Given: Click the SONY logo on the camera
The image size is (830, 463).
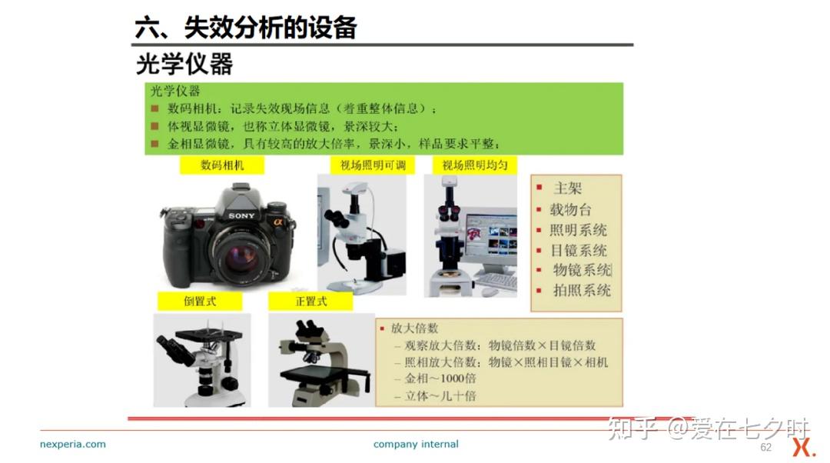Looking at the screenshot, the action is [241, 215].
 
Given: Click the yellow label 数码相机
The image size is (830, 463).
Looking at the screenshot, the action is [222, 165].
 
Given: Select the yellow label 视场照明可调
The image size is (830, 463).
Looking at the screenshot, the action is [373, 165].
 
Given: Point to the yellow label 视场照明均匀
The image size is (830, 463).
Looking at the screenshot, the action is [475, 165].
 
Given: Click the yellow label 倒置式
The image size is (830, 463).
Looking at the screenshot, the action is [200, 301].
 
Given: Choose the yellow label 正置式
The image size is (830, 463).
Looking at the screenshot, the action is [310, 301].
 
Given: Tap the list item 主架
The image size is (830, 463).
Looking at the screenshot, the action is [567, 188].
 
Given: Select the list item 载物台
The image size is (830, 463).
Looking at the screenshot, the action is [570, 209].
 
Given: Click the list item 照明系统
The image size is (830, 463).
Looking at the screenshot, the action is [578, 230].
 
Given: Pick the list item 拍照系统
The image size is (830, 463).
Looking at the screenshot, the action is [582, 290].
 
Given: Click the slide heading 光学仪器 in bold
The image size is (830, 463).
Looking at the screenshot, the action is [184, 65].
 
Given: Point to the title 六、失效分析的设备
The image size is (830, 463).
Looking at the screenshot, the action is [246, 28].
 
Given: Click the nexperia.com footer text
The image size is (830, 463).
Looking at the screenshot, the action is [73, 444].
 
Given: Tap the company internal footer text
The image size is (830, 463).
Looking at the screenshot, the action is [416, 444].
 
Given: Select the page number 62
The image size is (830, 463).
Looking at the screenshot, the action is [765, 447].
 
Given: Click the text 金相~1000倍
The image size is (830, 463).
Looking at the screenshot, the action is [440, 378].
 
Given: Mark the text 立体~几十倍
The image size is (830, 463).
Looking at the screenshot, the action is [440, 396].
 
